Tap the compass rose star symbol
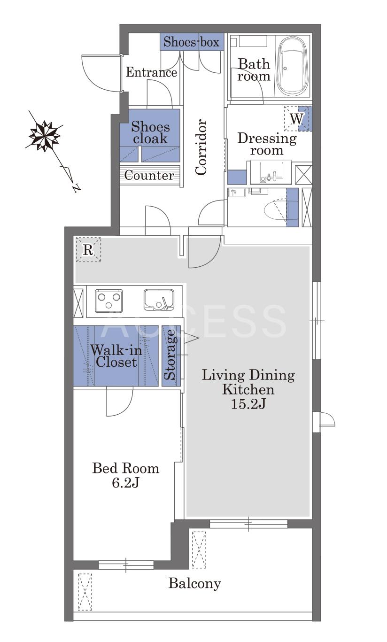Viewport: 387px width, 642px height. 45,136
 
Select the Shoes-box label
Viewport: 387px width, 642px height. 191,42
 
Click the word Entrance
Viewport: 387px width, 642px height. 151,72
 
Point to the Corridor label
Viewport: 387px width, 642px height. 201,147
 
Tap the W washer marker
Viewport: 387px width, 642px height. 296,119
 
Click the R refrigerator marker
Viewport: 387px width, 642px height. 88,250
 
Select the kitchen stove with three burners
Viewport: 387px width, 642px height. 108,301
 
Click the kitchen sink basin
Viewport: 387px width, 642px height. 159,300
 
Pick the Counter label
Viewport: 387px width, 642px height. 149,175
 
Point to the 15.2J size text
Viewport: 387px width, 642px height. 248,404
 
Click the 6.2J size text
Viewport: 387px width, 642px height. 125,483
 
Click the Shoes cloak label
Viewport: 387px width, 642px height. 150,133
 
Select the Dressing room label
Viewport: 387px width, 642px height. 267,144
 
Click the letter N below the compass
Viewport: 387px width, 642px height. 76,188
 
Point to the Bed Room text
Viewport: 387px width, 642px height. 125,469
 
